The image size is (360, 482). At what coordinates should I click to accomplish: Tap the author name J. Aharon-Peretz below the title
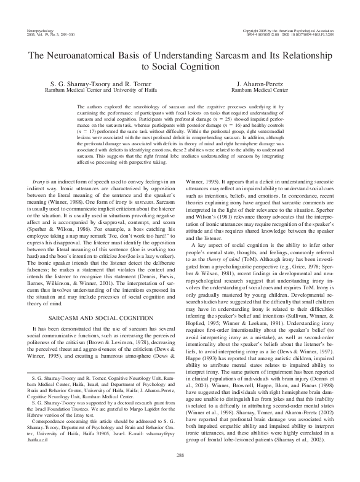(x=259, y=82)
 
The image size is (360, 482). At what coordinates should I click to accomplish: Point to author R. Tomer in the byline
(x=136, y=82)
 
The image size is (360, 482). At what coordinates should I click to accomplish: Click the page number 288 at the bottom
(x=180, y=472)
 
